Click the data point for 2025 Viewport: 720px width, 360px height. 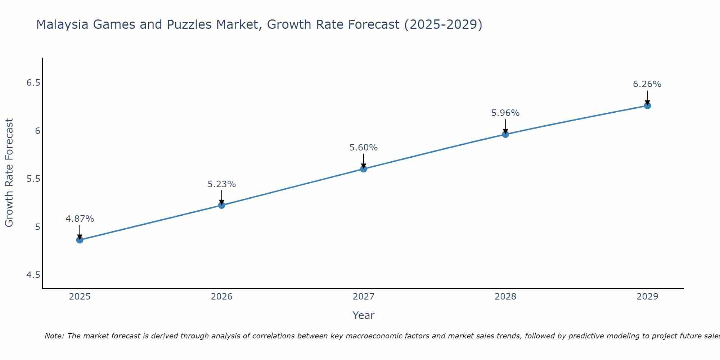80,240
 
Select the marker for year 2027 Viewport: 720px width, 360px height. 364,169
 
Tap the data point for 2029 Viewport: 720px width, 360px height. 647,105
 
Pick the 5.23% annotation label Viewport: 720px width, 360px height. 222,184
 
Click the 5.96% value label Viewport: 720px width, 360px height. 505,113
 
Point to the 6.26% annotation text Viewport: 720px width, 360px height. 647,84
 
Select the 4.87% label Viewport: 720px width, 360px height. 80,219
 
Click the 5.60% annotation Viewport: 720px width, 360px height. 364,148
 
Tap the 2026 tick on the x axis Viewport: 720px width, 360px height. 222,297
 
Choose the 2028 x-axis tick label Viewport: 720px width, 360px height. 505,297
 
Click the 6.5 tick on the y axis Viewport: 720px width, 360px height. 33,83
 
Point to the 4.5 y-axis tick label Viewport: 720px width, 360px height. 33,275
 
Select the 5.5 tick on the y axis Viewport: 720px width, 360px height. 33,179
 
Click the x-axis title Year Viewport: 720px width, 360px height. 364,315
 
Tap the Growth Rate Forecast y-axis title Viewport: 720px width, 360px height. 9,173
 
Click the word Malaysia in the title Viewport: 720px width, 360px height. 62,24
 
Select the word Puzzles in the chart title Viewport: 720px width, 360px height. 189,24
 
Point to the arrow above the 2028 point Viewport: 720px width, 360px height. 505,126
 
